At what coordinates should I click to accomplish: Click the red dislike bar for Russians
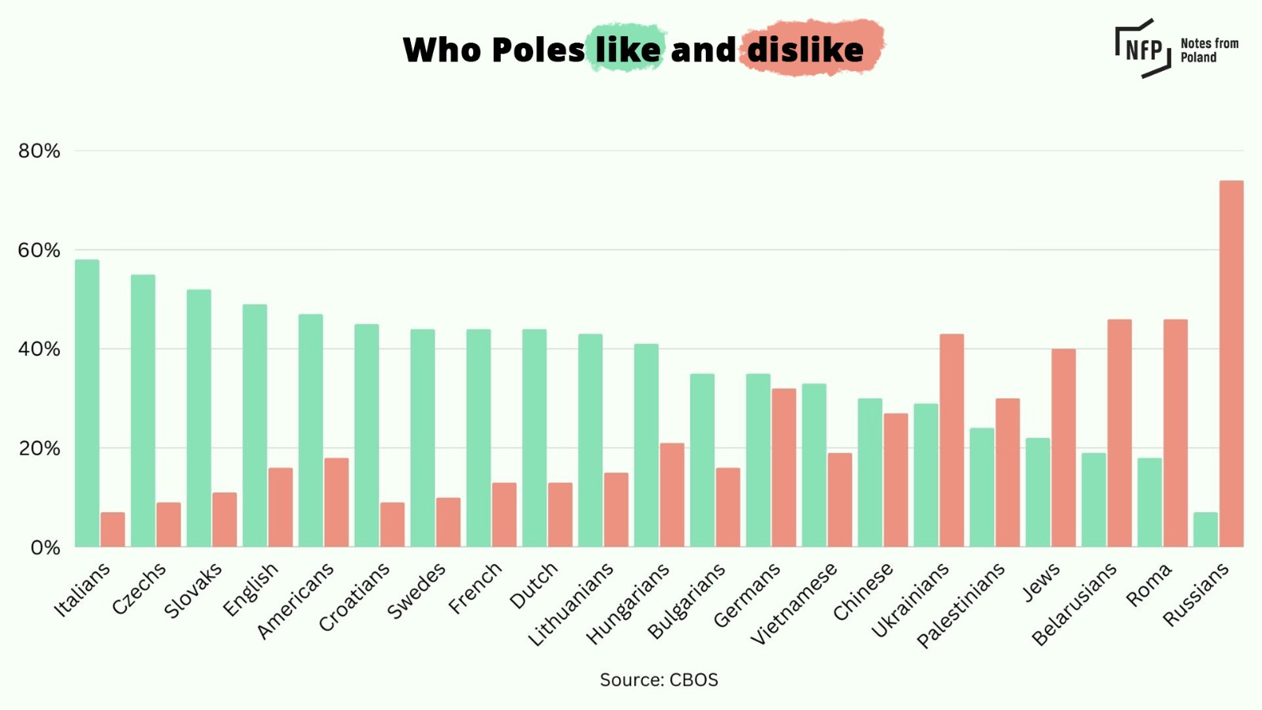click(1231, 364)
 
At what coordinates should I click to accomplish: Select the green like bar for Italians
click(87, 403)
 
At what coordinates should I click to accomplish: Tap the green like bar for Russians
click(1205, 529)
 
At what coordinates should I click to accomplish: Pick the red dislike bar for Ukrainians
click(951, 440)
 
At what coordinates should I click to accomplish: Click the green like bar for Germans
click(758, 460)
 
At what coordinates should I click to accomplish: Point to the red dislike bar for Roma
click(1175, 433)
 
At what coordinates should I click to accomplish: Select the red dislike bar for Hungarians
click(672, 495)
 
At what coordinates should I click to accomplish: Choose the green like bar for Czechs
click(143, 410)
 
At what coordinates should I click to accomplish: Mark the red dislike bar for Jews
click(1063, 447)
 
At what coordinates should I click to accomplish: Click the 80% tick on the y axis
click(39, 151)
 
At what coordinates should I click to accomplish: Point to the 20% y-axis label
click(39, 448)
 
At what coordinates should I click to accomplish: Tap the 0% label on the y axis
click(45, 547)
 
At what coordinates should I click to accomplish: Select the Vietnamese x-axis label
click(793, 604)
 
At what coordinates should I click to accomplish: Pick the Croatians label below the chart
click(354, 597)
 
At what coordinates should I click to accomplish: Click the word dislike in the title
click(805, 50)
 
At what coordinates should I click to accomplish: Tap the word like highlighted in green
click(628, 50)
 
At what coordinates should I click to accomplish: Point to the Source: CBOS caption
click(659, 680)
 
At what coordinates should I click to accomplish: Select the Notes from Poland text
click(1208, 50)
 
